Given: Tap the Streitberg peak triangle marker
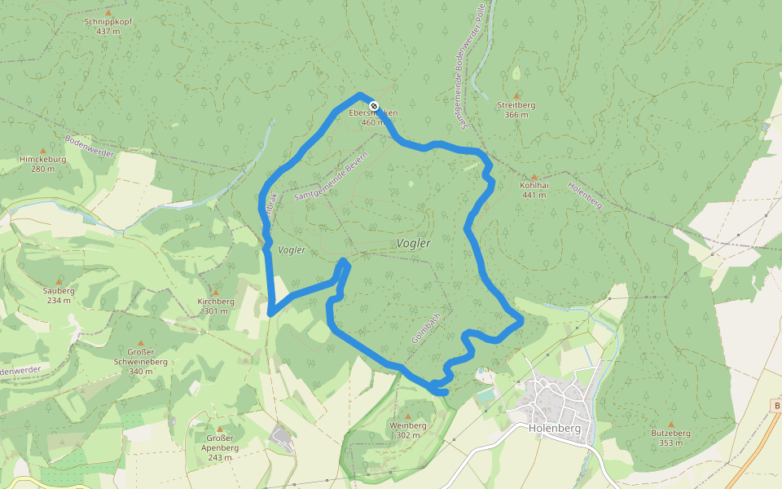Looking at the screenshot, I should click(516, 95).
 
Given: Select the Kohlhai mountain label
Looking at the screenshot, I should click(534, 185).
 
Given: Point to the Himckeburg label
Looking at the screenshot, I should click(42, 159).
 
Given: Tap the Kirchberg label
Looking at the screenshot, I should click(216, 302).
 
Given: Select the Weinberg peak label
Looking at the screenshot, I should click(408, 425).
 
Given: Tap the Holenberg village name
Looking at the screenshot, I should click(554, 428).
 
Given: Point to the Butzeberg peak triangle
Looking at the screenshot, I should click(671, 424).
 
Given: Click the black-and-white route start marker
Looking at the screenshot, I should click(374, 106).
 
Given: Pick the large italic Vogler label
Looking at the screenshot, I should click(414, 244).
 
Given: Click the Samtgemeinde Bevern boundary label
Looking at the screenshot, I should click(332, 176).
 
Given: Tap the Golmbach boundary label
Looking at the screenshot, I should click(426, 328).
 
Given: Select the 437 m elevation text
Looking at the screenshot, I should click(108, 32).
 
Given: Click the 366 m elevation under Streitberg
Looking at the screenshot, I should click(516, 115).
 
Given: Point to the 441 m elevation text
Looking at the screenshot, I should click(534, 195).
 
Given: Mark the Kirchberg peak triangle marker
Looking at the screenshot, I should click(216, 292).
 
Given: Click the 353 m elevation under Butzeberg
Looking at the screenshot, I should click(671, 443).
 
